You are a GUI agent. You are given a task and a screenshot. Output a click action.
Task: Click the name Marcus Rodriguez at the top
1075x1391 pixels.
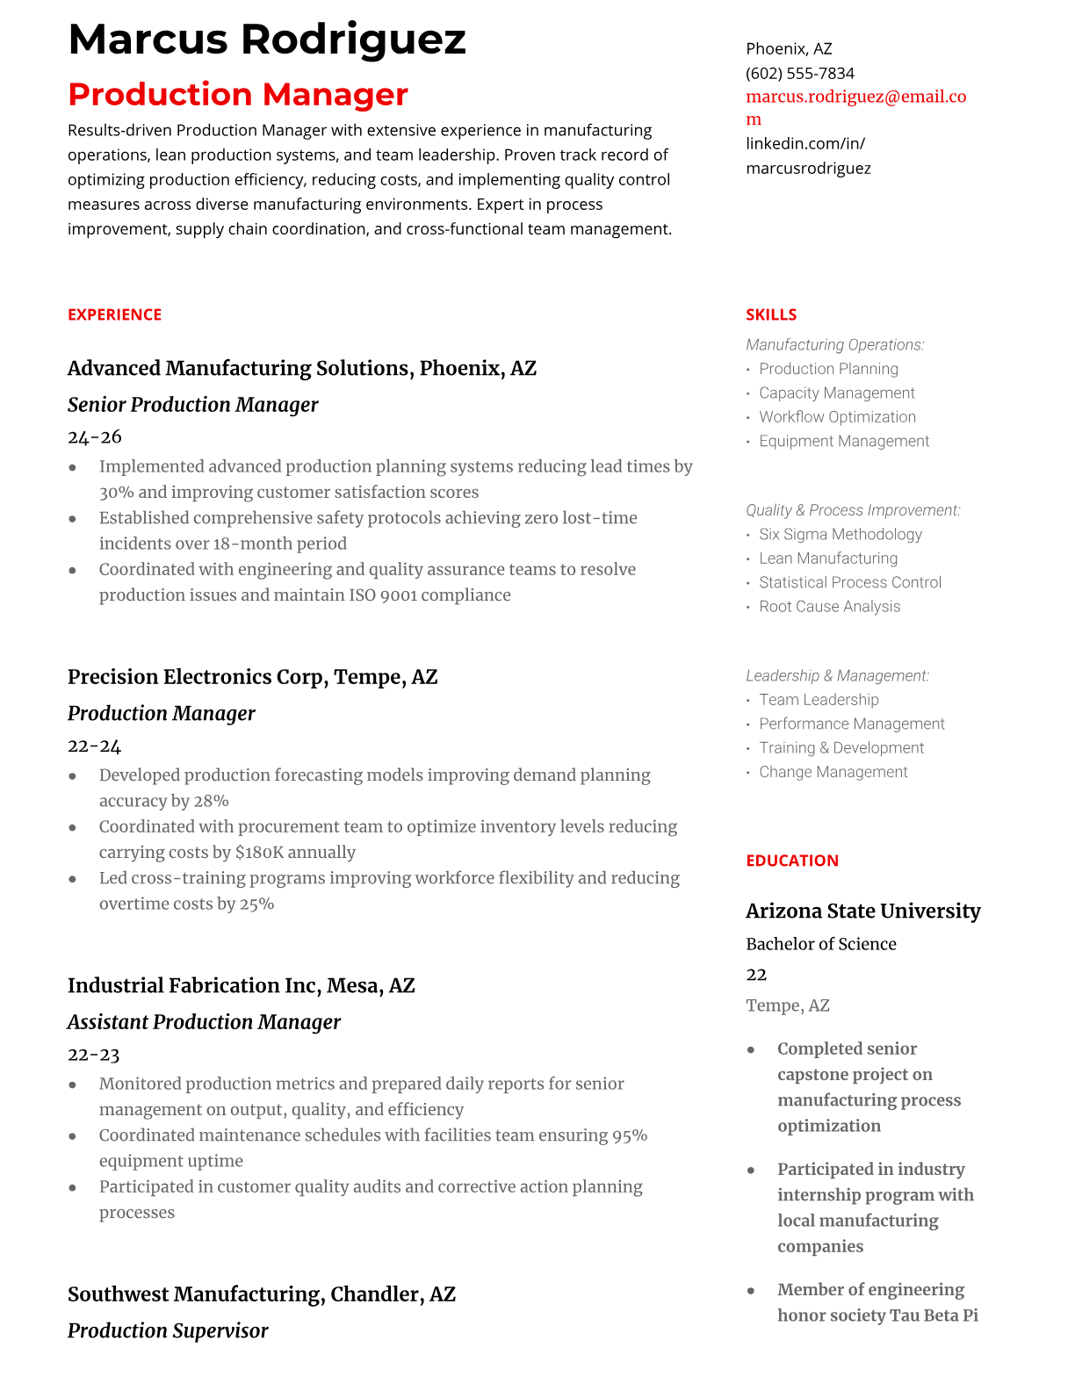coord(266,40)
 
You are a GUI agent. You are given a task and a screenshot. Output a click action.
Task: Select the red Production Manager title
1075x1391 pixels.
coord(237,95)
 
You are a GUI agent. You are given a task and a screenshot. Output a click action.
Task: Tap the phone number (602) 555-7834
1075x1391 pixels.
coord(799,73)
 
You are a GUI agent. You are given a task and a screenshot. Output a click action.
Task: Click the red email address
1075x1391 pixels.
coord(855,97)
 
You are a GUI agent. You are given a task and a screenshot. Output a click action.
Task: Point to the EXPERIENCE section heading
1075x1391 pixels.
coord(114,314)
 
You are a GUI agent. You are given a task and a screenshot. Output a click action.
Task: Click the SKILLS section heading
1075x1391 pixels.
coord(770,314)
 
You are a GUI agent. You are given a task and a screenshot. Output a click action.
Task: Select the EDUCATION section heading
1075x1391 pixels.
coord(791,861)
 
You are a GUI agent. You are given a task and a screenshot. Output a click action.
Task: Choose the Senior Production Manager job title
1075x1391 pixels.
coord(192,405)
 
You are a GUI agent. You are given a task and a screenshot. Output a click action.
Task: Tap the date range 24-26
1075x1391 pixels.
coord(94,437)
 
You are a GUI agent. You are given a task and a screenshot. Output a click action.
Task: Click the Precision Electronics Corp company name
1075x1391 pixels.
coord(197,677)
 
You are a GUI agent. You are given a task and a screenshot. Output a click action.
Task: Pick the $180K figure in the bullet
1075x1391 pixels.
coord(259,853)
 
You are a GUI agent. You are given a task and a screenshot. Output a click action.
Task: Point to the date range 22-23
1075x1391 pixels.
coord(93,1055)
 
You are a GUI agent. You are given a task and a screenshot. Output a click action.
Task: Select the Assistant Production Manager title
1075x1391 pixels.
coord(204,1022)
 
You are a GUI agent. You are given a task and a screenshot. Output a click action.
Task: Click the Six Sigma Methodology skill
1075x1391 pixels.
coord(840,534)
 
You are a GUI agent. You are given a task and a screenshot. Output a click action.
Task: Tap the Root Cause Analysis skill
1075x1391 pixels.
coord(829,606)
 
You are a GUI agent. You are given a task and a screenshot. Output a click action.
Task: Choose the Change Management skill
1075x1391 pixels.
coord(833,772)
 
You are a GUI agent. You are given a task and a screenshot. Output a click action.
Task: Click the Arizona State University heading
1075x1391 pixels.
coord(862,912)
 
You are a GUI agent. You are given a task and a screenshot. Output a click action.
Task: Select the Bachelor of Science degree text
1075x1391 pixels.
coord(820,944)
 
